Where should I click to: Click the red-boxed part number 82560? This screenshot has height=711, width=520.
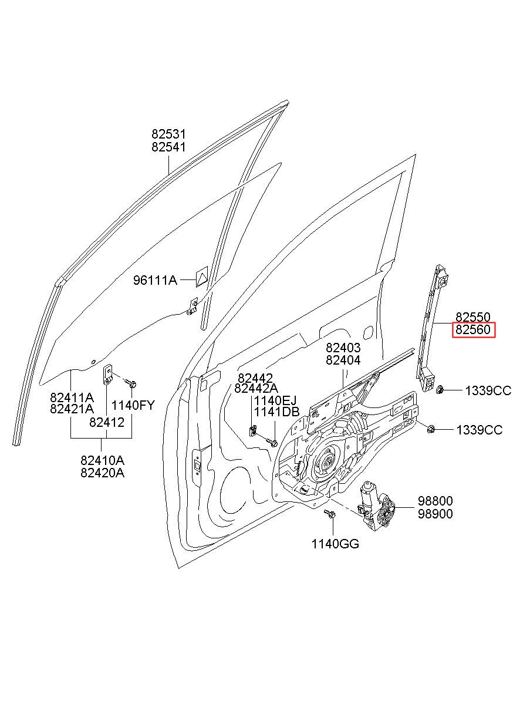tap(474, 331)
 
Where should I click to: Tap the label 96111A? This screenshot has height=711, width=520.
tap(155, 281)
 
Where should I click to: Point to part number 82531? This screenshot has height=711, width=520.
tap(168, 134)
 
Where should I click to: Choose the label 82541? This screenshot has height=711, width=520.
tap(168, 147)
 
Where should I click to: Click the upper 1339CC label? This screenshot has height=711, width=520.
tap(488, 390)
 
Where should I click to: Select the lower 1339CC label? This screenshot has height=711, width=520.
tap(480, 430)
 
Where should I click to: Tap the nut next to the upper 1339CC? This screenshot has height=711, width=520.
tap(440, 389)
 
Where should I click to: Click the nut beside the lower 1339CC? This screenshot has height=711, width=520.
tap(431, 428)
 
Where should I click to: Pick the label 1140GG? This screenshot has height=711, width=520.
tap(335, 544)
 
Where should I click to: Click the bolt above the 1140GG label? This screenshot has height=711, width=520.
tap(330, 515)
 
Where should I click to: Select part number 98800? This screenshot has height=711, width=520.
tap(435, 501)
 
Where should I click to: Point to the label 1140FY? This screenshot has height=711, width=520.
tap(133, 405)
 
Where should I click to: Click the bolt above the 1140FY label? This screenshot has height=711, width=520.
tap(131, 384)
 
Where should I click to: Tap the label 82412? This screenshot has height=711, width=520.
tap(107, 421)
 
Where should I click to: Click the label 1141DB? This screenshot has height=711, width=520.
tap(276, 412)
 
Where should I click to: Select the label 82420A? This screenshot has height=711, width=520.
tap(103, 473)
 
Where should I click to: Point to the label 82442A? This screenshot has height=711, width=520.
tap(256, 388)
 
